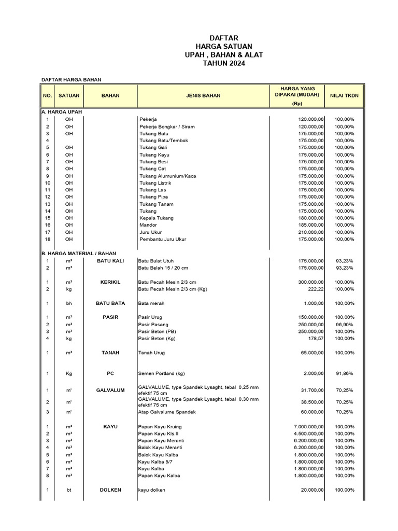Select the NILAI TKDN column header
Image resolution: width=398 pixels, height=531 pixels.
344,95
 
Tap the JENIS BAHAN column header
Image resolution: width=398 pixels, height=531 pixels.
203,95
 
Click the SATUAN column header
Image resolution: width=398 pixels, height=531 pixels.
69,95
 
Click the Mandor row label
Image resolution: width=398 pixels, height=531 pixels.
148,225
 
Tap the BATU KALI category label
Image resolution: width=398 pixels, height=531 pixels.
110,261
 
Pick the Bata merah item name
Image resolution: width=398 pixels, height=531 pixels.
151,303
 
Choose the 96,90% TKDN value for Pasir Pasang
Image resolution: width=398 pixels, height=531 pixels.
344,324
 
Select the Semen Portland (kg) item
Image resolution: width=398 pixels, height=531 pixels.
161,373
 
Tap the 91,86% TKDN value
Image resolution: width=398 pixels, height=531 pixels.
344,373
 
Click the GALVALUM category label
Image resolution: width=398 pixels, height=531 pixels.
110,390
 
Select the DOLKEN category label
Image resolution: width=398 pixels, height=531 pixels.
110,490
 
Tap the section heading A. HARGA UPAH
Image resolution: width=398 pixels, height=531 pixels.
62,112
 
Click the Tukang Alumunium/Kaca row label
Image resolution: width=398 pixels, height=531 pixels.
160,176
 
